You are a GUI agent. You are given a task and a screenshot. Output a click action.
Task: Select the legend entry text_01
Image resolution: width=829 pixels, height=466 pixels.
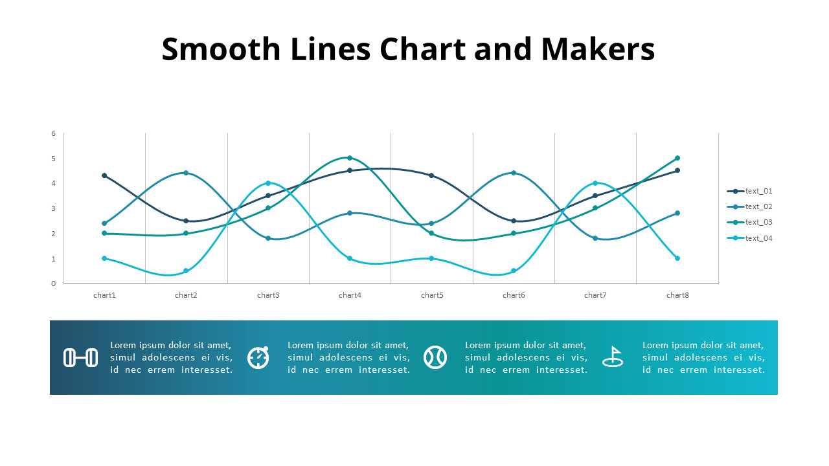758,191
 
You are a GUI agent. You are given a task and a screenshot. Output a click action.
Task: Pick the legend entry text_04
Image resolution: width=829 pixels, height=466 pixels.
758,238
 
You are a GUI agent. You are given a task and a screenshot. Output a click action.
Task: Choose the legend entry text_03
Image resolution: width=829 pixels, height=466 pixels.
758,222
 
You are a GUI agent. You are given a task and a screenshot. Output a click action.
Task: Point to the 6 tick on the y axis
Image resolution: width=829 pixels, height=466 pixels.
54,133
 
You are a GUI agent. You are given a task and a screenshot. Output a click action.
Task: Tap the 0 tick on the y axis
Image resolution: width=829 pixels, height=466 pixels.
54,283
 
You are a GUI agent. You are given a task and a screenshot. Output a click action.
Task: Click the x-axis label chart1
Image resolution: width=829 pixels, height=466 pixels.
104,295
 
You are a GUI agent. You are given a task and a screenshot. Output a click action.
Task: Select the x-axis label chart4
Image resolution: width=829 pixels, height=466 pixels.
350,295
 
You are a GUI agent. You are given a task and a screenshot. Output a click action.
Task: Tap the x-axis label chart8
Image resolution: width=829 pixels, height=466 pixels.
677,295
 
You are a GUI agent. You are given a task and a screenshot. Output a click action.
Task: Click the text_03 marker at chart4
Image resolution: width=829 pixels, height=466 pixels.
350,158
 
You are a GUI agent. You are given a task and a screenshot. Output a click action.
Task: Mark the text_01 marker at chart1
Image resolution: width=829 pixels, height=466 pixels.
104,175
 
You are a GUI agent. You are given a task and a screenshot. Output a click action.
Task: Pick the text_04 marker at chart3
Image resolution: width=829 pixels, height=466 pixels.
268,183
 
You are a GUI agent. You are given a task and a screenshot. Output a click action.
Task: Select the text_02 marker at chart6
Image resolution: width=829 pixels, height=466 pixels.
514,173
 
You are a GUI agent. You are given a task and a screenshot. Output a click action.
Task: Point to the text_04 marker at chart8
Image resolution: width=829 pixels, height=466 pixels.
677,258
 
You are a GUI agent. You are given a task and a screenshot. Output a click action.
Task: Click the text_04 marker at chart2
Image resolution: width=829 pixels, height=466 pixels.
186,271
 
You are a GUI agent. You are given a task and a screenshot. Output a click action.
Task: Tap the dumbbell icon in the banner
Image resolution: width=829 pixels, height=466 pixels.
81,357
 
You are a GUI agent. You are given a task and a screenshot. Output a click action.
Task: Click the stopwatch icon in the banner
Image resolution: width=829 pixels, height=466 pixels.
258,357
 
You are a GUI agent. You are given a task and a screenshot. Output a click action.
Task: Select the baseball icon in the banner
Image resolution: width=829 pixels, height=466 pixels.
435,357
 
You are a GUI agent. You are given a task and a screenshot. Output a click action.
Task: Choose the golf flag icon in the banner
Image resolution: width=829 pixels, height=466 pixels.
613,357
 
